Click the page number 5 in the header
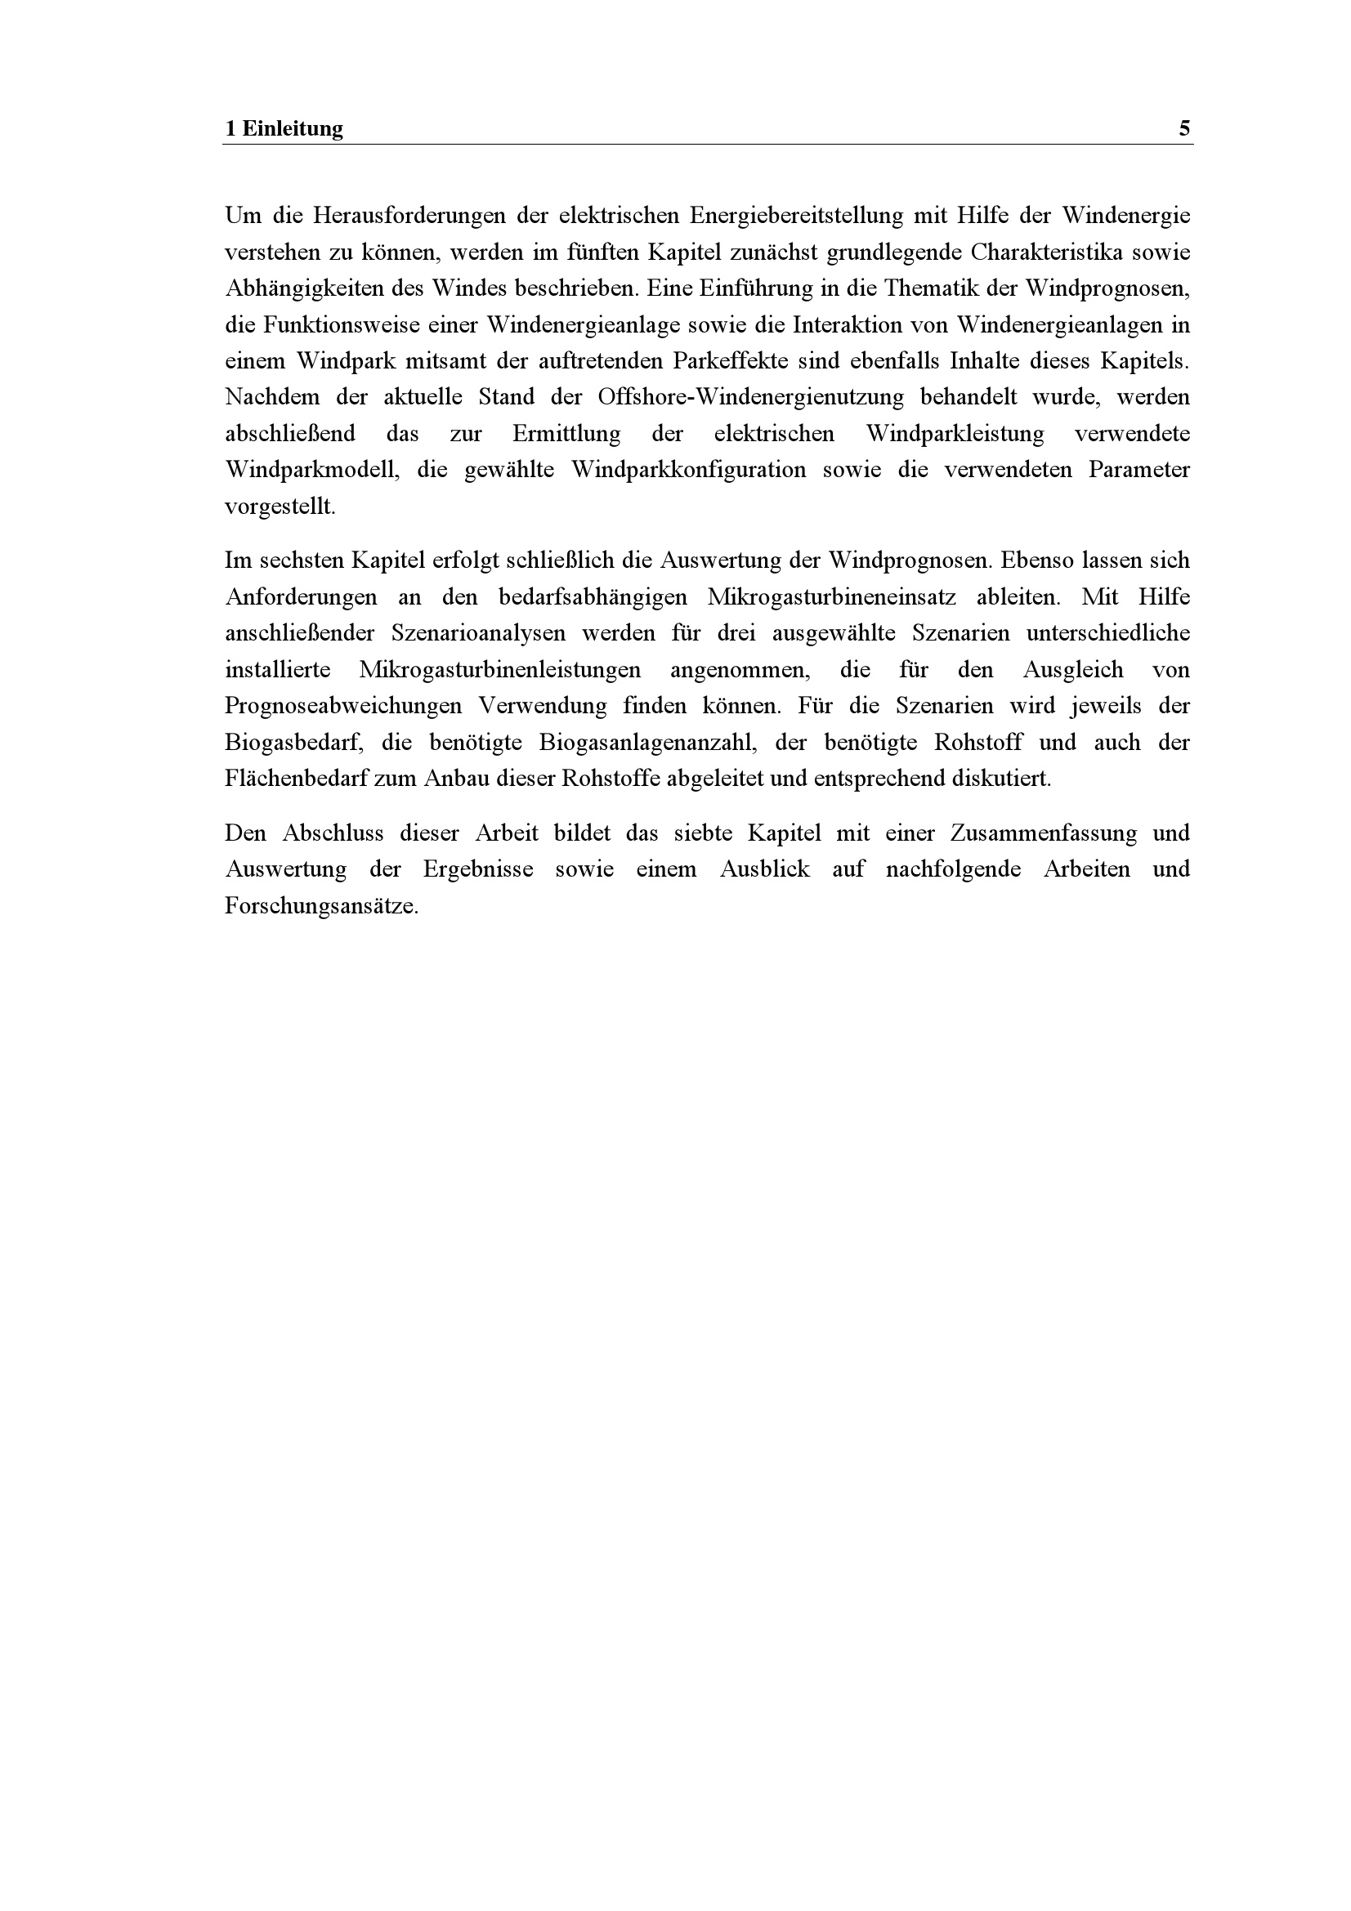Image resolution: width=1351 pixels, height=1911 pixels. click(1183, 129)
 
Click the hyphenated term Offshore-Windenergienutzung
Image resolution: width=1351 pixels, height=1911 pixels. click(750, 397)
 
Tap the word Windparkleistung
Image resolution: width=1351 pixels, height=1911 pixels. click(955, 434)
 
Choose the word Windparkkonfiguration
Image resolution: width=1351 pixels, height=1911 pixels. click(688, 471)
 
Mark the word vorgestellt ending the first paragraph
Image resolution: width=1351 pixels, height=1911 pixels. click(280, 507)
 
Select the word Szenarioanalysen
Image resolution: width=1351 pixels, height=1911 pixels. click(478, 633)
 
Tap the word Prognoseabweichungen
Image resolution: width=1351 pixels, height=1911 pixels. click(343, 706)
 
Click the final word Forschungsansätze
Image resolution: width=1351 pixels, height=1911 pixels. click(320, 905)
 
